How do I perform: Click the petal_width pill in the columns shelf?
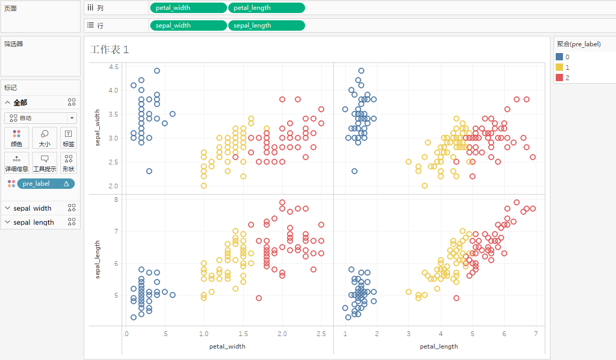pos(188,8)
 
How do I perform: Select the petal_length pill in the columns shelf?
pos(266,8)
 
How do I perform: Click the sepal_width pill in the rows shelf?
pos(188,25)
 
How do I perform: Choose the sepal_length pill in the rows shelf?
pos(266,25)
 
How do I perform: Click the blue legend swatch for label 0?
pos(559,57)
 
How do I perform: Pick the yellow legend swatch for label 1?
pos(559,67)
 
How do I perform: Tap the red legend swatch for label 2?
pos(559,78)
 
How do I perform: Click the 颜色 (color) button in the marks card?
pos(17,138)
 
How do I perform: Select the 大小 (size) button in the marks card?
pos(45,138)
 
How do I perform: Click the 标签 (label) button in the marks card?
pos(69,138)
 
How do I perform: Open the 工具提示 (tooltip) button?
pos(45,163)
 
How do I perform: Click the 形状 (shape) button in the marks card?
pos(69,163)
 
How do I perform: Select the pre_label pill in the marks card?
pos(46,184)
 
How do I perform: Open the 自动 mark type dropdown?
pos(41,118)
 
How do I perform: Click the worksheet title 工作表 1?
pos(109,49)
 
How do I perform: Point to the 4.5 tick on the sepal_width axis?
pos(113,67)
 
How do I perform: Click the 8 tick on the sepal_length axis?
pos(116,199)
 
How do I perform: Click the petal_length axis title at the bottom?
pos(439,346)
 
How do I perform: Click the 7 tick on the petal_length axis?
pos(535,333)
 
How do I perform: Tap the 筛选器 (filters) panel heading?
pos(14,44)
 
